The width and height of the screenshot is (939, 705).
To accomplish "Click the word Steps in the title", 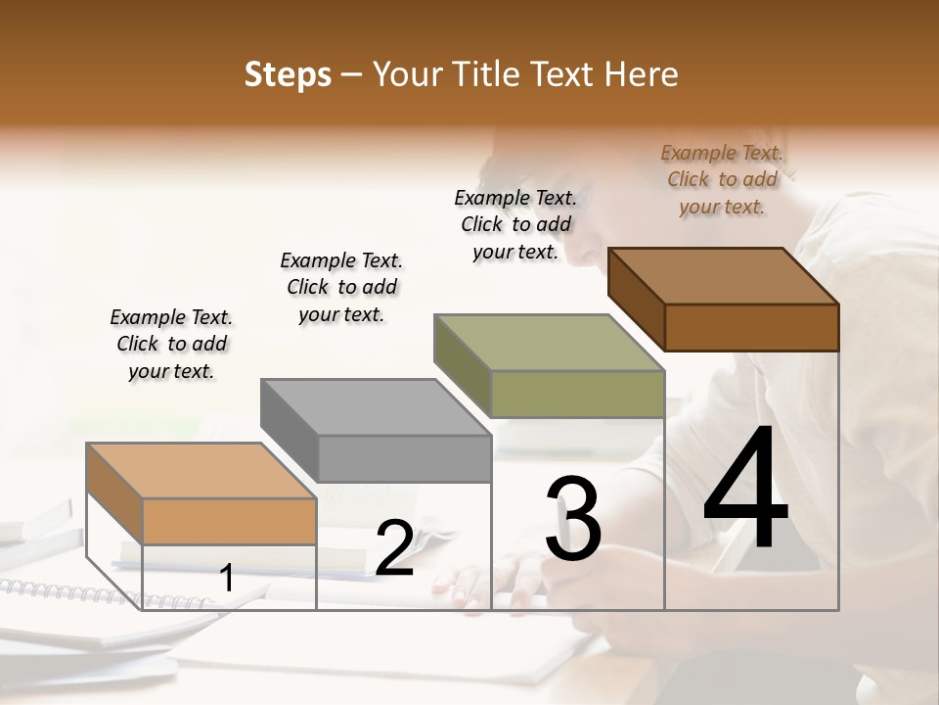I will pos(288,74).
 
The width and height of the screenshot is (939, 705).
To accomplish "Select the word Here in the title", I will pos(640,74).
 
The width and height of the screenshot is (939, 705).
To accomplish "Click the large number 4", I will pos(746,492).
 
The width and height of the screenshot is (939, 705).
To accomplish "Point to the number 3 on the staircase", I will pos(573,518).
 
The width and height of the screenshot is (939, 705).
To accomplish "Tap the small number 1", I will pos(226,579).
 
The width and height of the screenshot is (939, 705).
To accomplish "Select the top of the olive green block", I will pos(549,343).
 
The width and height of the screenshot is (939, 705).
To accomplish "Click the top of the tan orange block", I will pos(201,471).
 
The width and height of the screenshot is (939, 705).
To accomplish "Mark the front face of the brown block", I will pos(751,327).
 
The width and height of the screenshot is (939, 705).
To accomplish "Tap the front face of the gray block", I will pos(404,458).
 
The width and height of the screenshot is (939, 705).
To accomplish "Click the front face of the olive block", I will pos(577,394).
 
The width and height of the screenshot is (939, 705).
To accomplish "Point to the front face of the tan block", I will pos(229,522).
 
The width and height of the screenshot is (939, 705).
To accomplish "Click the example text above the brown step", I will pos(722,179).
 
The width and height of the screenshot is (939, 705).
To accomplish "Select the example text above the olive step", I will pos(515,224).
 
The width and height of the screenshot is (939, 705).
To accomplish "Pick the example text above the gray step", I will pos(341,287).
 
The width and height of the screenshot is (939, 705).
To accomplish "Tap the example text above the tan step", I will pos(171,344).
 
